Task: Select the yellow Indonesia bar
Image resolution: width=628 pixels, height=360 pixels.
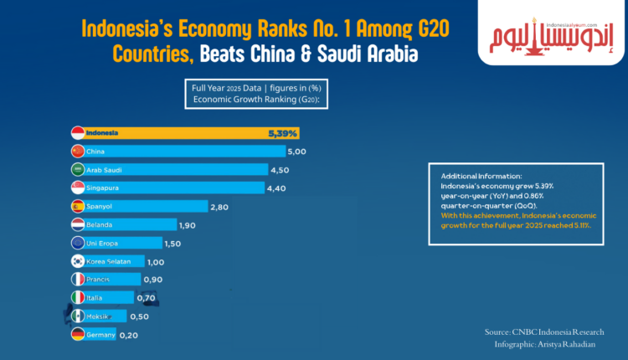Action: coord(184,133)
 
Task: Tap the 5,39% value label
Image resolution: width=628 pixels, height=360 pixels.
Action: coord(282,133)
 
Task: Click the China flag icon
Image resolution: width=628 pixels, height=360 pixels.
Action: coord(77,152)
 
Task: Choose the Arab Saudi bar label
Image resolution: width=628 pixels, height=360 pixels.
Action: coord(105,170)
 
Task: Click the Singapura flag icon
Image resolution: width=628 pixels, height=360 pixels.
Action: coord(77,188)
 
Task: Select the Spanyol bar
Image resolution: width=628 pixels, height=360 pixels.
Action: coord(142,206)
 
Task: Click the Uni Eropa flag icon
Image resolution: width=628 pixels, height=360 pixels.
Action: coord(77,243)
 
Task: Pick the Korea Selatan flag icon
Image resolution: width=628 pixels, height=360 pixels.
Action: coord(77,261)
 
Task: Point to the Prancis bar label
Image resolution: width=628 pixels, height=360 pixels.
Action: coord(98,279)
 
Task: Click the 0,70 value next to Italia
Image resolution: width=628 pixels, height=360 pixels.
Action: coord(147,296)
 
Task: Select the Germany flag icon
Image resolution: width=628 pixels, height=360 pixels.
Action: coord(77,334)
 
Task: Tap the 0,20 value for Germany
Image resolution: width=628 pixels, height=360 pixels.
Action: coord(129,334)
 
